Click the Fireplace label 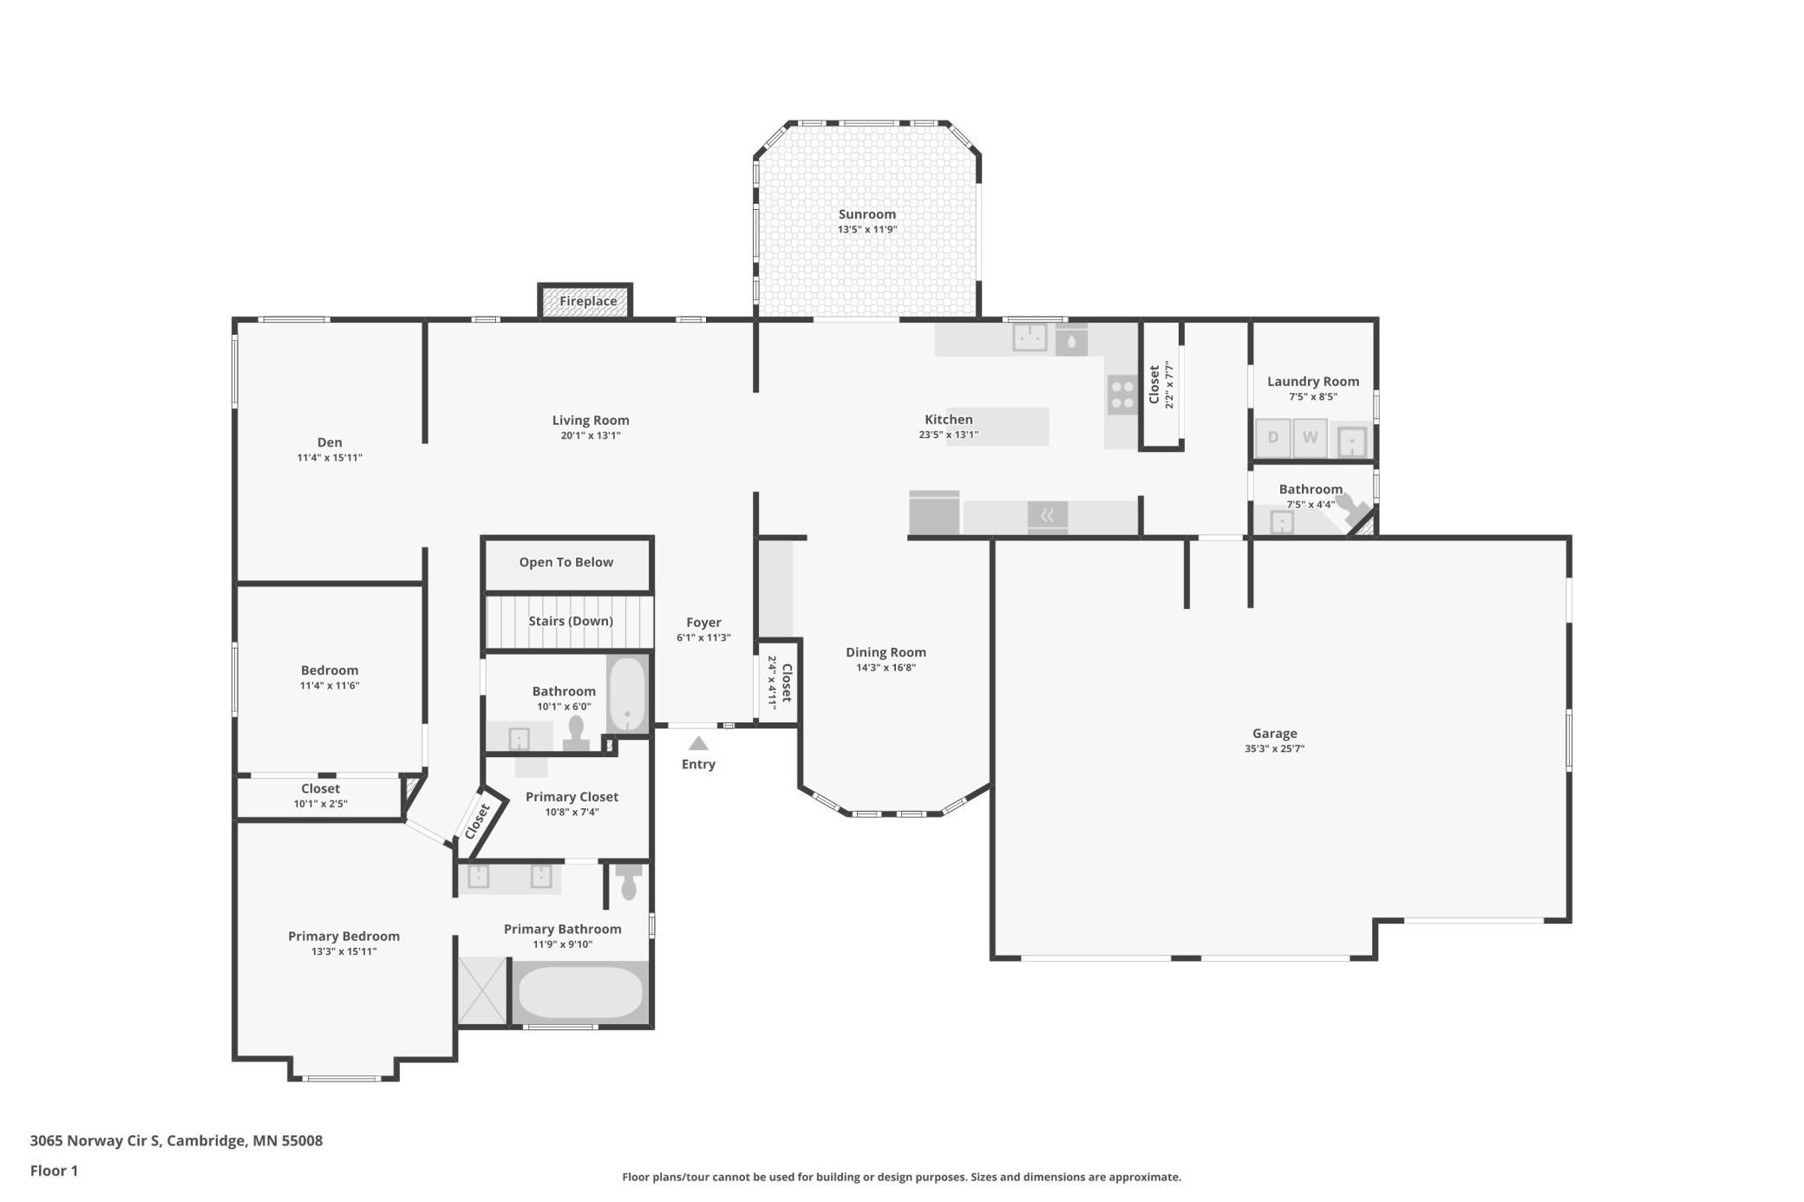point(588,301)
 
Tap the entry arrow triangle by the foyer point(698,743)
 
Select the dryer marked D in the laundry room point(1273,437)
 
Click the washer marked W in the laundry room point(1310,437)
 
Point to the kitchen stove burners point(1122,395)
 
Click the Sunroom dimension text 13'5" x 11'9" point(866,230)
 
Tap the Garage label point(1274,734)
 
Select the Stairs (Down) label point(571,621)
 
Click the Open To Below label point(565,562)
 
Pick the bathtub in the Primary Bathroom point(580,993)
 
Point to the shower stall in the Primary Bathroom point(482,990)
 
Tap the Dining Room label point(886,652)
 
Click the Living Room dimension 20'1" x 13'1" point(590,435)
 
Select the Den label point(330,442)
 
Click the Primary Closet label point(572,797)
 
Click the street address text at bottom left point(176,1140)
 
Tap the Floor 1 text point(54,1171)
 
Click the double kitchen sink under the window point(1029,336)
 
